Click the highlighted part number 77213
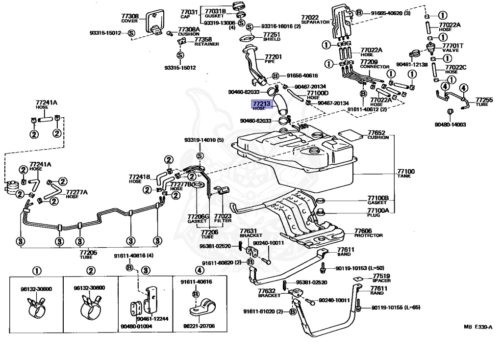260,104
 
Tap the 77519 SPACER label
380,276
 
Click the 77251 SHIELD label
272,35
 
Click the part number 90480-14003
450,125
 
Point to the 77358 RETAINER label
203,40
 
